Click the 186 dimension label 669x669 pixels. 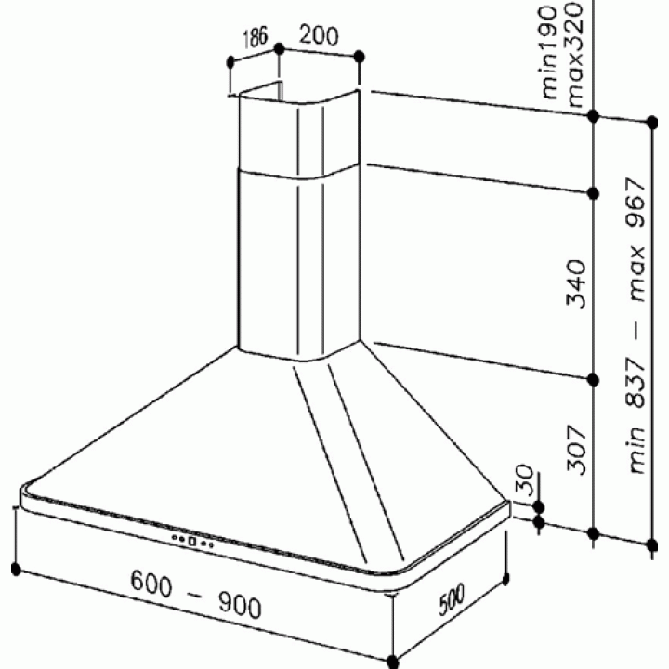256,37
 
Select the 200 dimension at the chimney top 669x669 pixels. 319,35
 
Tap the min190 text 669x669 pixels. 549,52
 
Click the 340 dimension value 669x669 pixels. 576,283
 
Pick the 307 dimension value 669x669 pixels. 576,450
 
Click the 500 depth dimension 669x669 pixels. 452,600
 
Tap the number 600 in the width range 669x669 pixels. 151,584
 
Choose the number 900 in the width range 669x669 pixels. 240,606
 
